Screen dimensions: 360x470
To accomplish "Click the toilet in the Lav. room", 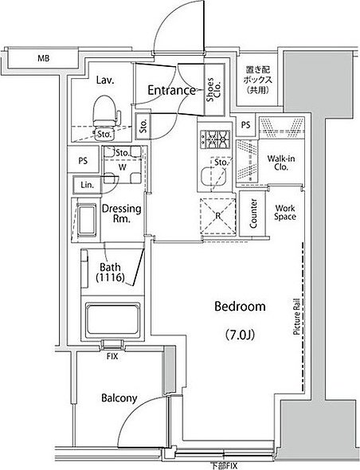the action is click(105, 112).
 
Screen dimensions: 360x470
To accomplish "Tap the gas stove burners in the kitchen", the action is click(215, 139).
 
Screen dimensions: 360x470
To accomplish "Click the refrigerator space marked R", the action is click(218, 216).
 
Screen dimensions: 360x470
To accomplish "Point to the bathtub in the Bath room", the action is click(113, 320).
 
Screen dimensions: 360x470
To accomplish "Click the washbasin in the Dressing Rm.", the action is click(87, 221).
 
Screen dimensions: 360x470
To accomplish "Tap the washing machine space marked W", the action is click(123, 167).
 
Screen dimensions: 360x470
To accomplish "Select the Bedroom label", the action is click(240, 307).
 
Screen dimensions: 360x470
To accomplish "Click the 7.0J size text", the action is click(240, 335).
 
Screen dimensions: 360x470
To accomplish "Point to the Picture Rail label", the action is click(296, 316).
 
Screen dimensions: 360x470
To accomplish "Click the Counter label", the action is click(253, 213).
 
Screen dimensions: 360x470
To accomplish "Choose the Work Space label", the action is click(285, 212).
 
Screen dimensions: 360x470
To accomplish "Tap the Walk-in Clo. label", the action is click(281, 163).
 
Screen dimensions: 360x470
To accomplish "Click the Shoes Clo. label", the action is click(213, 89).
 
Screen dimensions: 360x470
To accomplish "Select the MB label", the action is click(44, 58).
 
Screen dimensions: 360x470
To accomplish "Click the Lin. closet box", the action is click(88, 185).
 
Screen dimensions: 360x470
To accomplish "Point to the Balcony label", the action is click(119, 398).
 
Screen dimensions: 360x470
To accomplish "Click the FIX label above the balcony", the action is click(112, 356).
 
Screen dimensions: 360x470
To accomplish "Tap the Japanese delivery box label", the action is click(258, 80).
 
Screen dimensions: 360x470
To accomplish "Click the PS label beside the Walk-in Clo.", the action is click(245, 125).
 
